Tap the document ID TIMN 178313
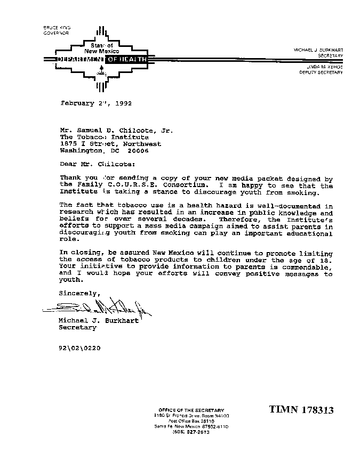click(x=301, y=410)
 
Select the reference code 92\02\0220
click(x=79, y=348)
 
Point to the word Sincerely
click(x=79, y=293)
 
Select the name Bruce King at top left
click(x=57, y=27)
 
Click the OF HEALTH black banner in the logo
click(x=126, y=59)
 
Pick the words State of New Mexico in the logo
click(x=99, y=48)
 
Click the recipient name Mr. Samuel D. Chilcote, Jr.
click(x=116, y=130)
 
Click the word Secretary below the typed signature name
click(x=78, y=328)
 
